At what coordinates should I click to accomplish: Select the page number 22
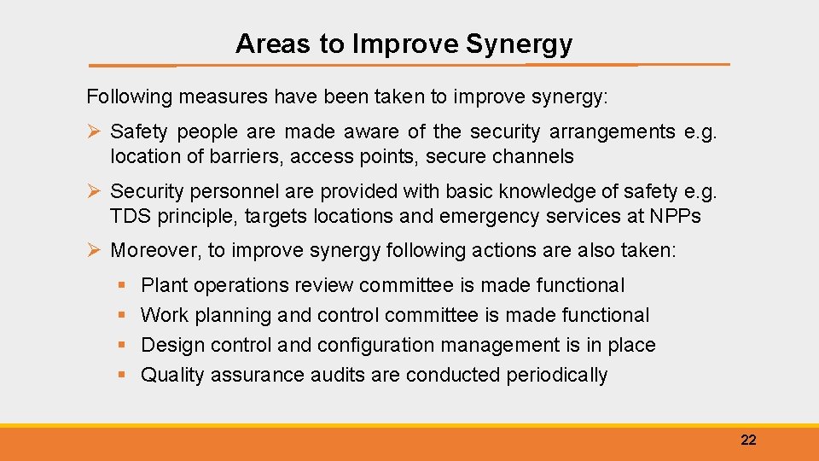748,440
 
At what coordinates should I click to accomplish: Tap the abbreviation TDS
130,216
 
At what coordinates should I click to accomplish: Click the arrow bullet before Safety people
95,131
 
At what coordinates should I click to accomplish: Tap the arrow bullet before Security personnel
95,191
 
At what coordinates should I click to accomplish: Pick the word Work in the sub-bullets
165,315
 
